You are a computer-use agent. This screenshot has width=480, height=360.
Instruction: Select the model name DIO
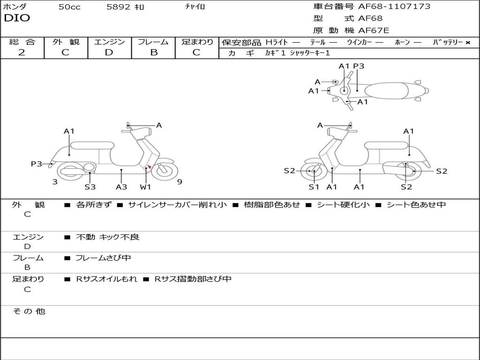pyautogui.click(x=17, y=18)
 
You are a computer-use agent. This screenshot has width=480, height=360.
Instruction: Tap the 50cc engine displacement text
pyautogui.click(x=69, y=7)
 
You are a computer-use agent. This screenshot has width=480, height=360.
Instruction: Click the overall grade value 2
pyautogui.click(x=22, y=52)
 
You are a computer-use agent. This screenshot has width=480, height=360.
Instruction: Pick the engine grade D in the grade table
pyautogui.click(x=109, y=52)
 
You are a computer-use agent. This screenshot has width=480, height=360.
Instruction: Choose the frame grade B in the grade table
pyautogui.click(x=154, y=52)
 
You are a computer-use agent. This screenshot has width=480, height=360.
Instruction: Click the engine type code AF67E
pyautogui.click(x=374, y=31)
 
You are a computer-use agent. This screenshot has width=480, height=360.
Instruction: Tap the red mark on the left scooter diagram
pyautogui.click(x=149, y=166)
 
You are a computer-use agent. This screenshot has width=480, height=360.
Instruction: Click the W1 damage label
pyautogui.click(x=146, y=187)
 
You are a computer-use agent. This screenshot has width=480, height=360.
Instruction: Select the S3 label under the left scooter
pyautogui.click(x=90, y=187)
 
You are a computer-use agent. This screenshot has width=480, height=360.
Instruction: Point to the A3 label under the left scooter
pyautogui.click(x=121, y=187)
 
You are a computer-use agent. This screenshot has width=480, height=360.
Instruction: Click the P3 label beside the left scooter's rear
pyautogui.click(x=37, y=164)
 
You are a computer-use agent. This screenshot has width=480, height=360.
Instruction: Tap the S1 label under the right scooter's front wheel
pyautogui.click(x=314, y=187)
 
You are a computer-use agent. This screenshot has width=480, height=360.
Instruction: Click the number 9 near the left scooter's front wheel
pyautogui.click(x=180, y=182)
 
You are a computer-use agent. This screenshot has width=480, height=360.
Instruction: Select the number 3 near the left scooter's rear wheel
pyautogui.click(x=55, y=182)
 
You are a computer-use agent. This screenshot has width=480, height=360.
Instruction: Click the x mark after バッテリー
pyautogui.click(x=467, y=43)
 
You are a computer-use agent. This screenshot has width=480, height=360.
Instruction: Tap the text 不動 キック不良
pyautogui.click(x=108, y=237)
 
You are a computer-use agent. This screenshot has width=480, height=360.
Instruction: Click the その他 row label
pyautogui.click(x=29, y=311)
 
